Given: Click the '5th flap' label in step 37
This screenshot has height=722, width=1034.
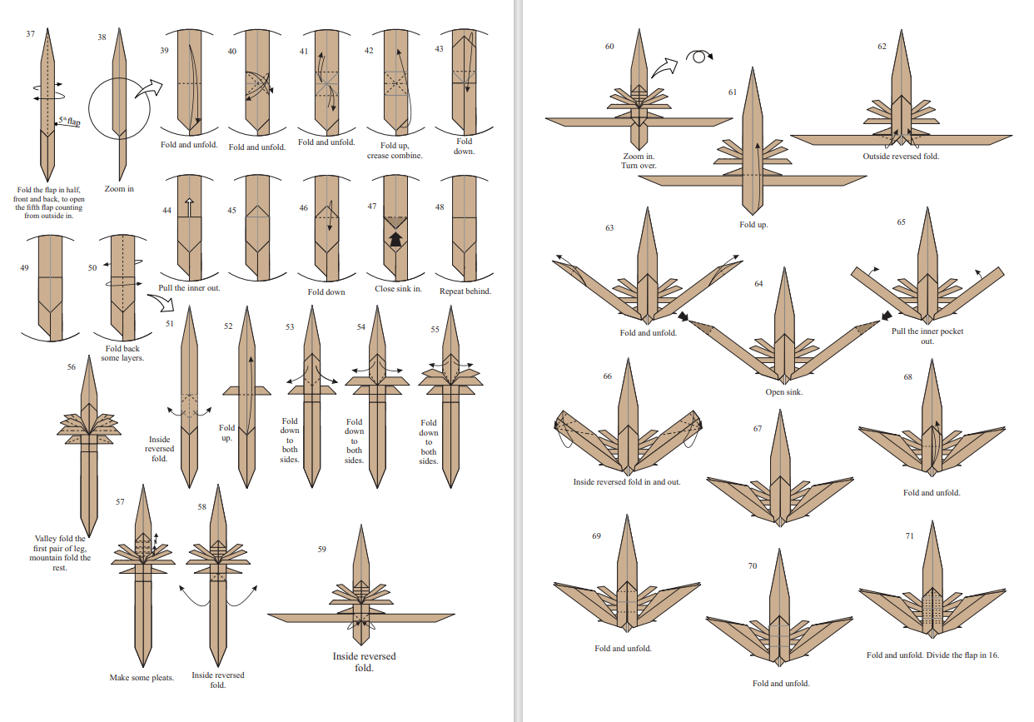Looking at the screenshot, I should [70, 122].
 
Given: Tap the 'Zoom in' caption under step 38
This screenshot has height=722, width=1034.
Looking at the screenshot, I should [119, 189].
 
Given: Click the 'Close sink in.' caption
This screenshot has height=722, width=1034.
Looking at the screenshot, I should [398, 290].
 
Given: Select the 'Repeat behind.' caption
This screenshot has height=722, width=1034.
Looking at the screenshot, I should [465, 291].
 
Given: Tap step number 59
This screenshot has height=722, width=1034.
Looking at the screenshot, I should [322, 549].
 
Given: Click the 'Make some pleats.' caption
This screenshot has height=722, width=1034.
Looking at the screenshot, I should [142, 678].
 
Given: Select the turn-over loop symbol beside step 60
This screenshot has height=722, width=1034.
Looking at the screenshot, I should [699, 56].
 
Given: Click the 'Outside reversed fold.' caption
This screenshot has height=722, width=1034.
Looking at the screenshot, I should [901, 157].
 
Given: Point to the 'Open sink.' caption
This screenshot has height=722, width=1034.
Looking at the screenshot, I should [784, 392].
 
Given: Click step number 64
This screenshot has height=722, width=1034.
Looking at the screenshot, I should [758, 284].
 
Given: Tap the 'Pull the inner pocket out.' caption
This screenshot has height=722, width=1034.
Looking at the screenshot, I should [927, 336].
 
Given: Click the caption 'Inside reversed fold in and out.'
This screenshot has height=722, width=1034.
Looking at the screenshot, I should [626, 481].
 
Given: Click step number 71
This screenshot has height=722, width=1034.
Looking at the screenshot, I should [910, 535].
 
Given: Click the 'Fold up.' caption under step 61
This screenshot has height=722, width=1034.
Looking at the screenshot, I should [753, 225].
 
